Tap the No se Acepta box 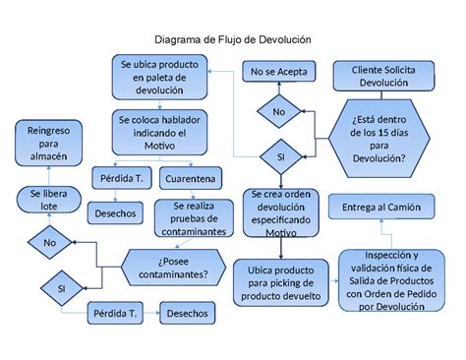(x=278, y=72)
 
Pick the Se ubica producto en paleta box (x=158, y=78)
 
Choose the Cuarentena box (x=191, y=180)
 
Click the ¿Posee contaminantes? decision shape (x=168, y=267)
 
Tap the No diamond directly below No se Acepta (x=278, y=112)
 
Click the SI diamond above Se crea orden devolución (x=279, y=156)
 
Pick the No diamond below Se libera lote (x=50, y=241)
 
